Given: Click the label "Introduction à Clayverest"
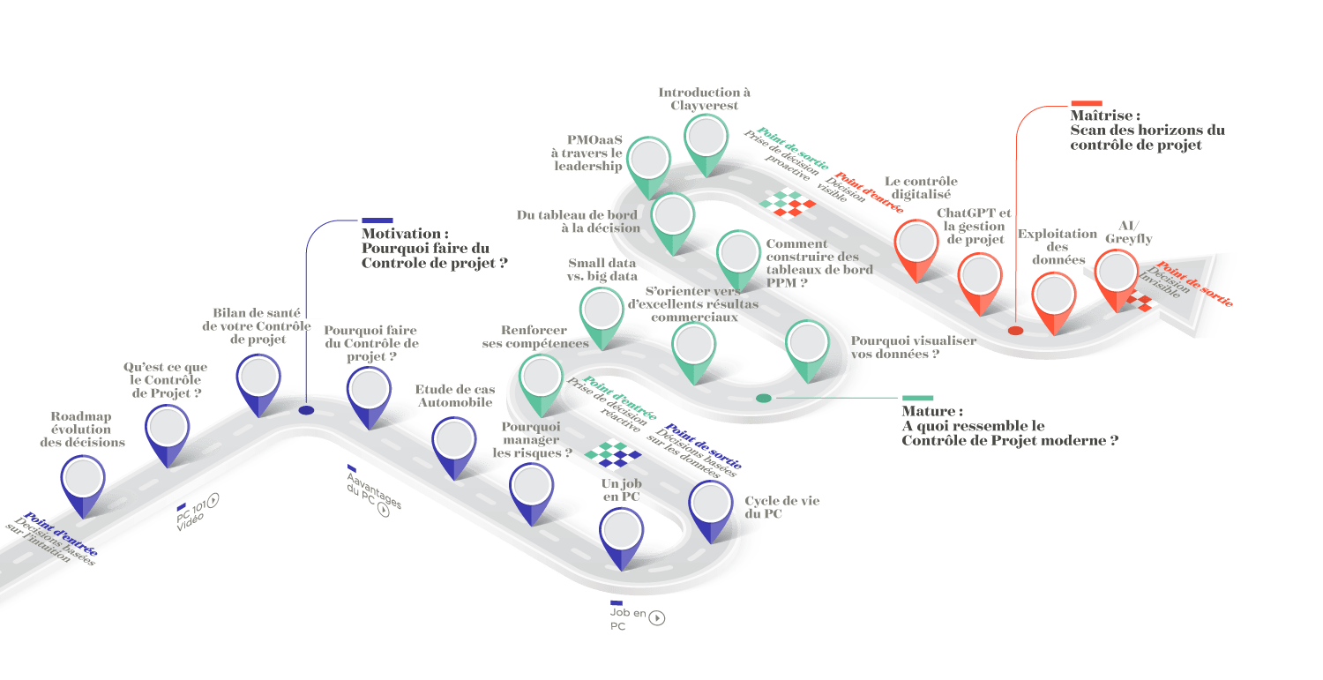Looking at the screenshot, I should (x=704, y=99).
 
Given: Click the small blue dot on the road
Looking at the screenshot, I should (x=306, y=410).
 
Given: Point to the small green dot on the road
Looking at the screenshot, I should (x=764, y=399).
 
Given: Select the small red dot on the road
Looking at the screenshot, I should (x=1015, y=331).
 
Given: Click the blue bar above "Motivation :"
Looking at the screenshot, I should (x=377, y=220).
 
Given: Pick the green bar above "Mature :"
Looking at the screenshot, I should (x=917, y=399).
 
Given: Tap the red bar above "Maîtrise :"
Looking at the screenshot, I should (x=1086, y=104).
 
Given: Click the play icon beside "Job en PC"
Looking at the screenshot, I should (x=656, y=617).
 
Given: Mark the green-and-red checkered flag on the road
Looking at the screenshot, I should (x=789, y=203).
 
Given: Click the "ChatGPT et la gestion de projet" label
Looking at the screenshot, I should (x=974, y=227).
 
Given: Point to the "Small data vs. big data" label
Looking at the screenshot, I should (x=602, y=269).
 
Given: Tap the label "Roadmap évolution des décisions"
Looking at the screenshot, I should (x=82, y=429).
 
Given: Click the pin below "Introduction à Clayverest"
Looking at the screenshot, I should (x=706, y=141).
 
